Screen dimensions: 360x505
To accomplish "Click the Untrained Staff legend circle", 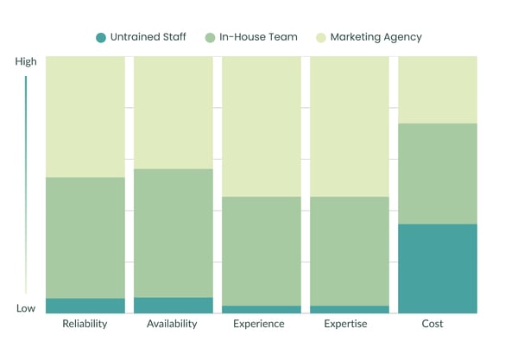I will pyautogui.click(x=101, y=37).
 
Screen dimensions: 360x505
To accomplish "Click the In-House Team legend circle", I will pyautogui.click(x=211, y=37).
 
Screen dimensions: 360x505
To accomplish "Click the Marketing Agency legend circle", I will pyautogui.click(x=323, y=37).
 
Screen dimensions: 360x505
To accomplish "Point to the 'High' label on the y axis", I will pyautogui.click(x=26, y=62).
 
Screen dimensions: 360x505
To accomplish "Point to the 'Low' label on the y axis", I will pyautogui.click(x=26, y=308).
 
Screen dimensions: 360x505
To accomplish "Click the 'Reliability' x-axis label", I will pyautogui.click(x=85, y=324).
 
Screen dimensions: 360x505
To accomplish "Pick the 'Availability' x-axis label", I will pyautogui.click(x=172, y=324).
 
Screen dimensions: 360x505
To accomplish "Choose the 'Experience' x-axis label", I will pyautogui.click(x=259, y=324).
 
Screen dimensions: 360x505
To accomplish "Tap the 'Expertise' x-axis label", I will pyautogui.click(x=345, y=324).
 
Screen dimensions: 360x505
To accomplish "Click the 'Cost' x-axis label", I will pyautogui.click(x=432, y=324).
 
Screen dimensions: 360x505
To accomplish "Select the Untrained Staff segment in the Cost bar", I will pyautogui.click(x=437, y=268).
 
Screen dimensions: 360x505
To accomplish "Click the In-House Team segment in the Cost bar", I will pyautogui.click(x=437, y=174).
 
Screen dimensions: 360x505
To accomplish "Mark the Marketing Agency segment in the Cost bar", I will pyautogui.click(x=437, y=90).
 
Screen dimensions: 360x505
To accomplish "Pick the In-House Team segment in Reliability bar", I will pyautogui.click(x=85, y=237).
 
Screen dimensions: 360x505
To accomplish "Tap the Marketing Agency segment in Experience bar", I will pyautogui.click(x=261, y=126).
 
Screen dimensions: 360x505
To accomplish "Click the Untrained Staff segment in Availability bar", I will pyautogui.click(x=173, y=306).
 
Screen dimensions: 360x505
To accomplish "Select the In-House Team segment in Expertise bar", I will pyautogui.click(x=349, y=251).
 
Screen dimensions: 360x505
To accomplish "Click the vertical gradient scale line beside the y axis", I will pyautogui.click(x=26, y=186).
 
